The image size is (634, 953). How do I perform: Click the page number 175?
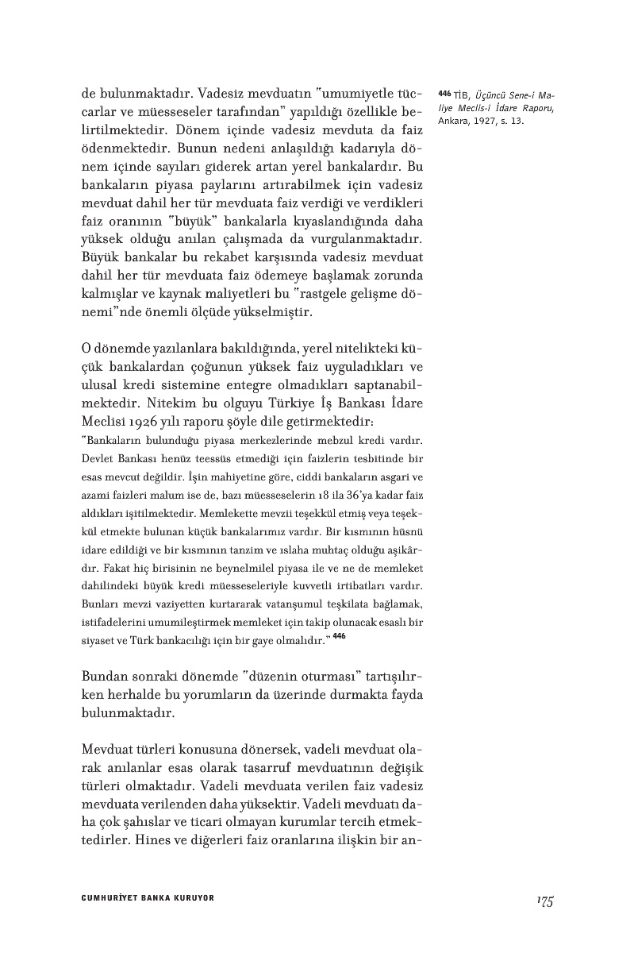(544, 900)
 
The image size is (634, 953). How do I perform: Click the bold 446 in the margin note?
(444, 93)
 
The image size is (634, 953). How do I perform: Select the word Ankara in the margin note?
(453, 122)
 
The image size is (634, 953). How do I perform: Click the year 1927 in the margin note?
(488, 122)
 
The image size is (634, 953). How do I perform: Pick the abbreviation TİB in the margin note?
(462, 94)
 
